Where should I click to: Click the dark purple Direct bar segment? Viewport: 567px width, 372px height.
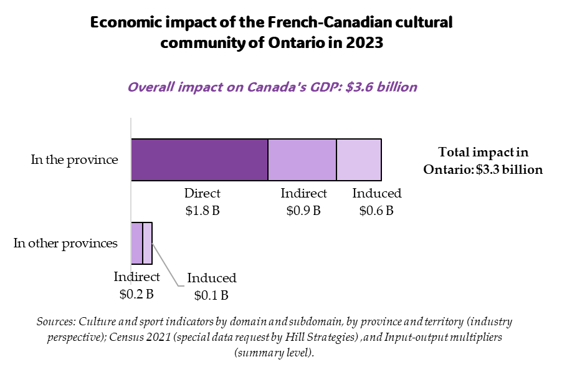[x=199, y=160]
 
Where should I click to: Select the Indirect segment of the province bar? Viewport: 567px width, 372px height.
[x=302, y=160]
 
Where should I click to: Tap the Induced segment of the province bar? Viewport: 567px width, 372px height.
[x=359, y=160]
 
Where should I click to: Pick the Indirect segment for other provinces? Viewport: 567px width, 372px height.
[x=136, y=243]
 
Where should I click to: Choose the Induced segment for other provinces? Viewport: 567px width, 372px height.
[x=147, y=243]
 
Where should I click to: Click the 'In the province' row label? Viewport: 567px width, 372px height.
[x=74, y=160]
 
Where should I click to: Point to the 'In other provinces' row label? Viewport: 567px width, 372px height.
[x=65, y=243]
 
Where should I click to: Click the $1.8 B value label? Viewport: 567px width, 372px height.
[x=202, y=211]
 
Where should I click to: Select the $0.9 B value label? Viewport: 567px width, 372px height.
[x=303, y=211]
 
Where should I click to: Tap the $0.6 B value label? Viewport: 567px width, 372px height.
[x=376, y=211]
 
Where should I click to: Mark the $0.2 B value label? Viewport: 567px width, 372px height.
[x=136, y=293]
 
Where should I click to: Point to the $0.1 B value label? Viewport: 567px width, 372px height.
[x=211, y=295]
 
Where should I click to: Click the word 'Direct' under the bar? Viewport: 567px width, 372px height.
[x=202, y=194]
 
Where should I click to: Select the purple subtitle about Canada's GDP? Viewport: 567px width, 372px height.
[x=272, y=87]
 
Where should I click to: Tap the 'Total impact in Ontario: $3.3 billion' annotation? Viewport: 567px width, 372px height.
[x=483, y=161]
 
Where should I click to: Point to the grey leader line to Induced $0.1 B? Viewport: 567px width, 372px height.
[x=166, y=265]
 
